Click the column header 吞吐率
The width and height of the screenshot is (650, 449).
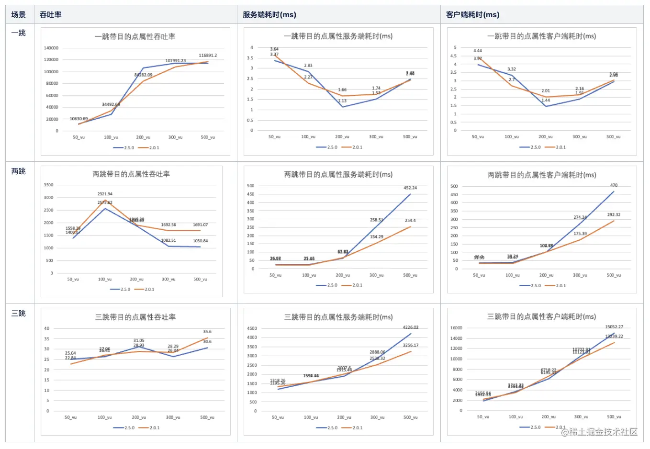(x=50, y=15)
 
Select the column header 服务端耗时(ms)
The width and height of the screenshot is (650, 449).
(x=269, y=15)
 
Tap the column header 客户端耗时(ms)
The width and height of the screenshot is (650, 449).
(x=472, y=15)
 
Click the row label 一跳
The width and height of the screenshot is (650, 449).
(x=19, y=33)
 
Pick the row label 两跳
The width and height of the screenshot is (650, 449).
(x=19, y=171)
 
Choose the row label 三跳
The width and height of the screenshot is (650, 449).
(x=19, y=314)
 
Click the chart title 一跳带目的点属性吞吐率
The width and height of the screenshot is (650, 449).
(x=135, y=36)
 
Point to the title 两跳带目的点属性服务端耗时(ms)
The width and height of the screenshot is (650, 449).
(x=338, y=175)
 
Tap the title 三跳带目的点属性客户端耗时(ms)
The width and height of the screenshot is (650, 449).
(x=541, y=317)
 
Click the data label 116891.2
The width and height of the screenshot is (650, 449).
(x=208, y=56)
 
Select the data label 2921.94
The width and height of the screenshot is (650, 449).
(x=105, y=194)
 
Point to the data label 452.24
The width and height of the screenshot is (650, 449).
(x=410, y=188)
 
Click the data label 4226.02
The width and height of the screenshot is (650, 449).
(x=410, y=328)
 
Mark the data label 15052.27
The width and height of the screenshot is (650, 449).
(x=614, y=327)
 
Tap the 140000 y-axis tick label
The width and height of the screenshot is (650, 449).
(x=51, y=48)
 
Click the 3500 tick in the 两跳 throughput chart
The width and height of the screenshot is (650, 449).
(x=48, y=185)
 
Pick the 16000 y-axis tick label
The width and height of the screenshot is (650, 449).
(x=456, y=328)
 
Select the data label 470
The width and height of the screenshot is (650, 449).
(x=614, y=185)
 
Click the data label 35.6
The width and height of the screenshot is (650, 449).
(x=207, y=332)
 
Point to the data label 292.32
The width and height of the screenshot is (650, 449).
(x=614, y=215)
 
